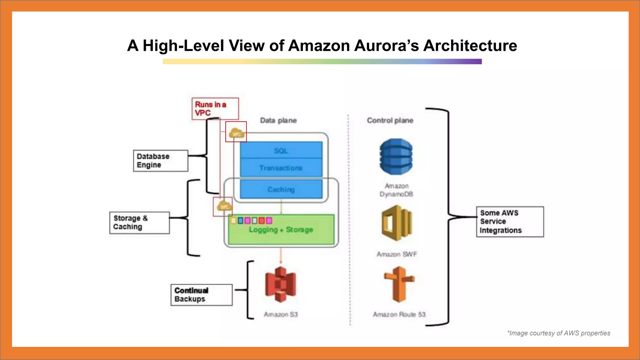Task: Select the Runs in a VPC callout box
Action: point(215,109)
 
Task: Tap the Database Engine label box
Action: point(160,161)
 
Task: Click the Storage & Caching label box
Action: point(139,222)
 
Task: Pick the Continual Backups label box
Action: point(201,295)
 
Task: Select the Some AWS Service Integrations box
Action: point(510,222)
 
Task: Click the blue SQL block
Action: point(281,151)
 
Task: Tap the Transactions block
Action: point(281,168)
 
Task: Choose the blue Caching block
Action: point(281,189)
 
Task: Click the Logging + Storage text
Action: point(281,230)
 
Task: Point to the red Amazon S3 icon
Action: point(280,284)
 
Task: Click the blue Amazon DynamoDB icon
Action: point(396,157)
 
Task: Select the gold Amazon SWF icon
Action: point(397,223)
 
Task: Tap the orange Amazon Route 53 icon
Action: point(399,284)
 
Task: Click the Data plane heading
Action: point(278,120)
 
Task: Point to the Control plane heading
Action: point(390,120)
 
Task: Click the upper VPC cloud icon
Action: point(236,133)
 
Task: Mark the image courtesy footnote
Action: point(558,333)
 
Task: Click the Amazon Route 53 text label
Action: point(399,314)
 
